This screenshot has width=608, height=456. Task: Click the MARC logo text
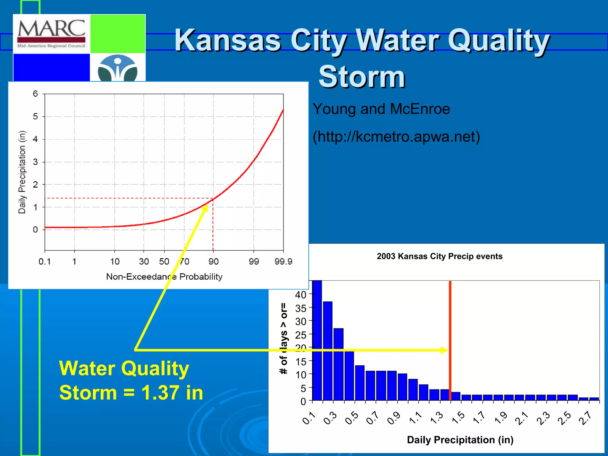click(x=51, y=28)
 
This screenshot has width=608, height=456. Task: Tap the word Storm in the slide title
click(x=362, y=77)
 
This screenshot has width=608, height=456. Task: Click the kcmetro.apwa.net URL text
click(x=396, y=137)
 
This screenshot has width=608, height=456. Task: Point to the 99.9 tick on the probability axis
click(x=283, y=262)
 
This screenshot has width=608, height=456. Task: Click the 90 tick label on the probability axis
click(x=213, y=262)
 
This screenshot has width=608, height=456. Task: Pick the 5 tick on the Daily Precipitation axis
click(x=35, y=116)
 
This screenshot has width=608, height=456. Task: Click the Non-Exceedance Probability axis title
click(x=164, y=277)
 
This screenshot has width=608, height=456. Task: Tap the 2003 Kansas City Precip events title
click(x=439, y=256)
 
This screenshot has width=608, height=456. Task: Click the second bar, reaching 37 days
click(x=328, y=350)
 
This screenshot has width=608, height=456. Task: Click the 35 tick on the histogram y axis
click(x=300, y=308)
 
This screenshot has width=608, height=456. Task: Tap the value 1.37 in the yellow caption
click(x=160, y=392)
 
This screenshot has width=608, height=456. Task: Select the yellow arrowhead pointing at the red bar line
click(x=444, y=350)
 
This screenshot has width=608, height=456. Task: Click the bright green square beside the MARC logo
click(x=118, y=34)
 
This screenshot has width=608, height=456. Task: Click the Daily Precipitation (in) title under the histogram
click(x=460, y=440)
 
